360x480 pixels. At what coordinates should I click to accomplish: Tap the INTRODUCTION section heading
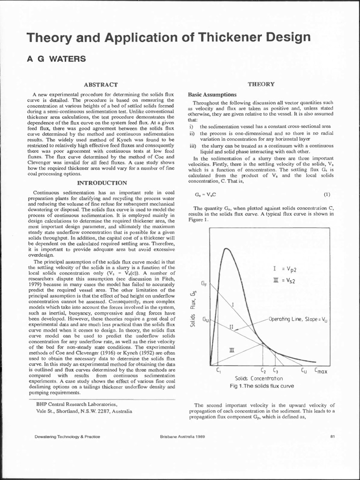(x=102, y=182)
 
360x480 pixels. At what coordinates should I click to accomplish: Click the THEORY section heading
(x=261, y=84)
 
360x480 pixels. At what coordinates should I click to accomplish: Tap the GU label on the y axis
(x=205, y=319)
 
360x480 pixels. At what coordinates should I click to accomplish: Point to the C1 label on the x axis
(x=219, y=370)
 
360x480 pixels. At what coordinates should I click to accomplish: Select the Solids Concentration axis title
(x=259, y=378)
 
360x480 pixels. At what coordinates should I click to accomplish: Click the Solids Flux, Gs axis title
(x=193, y=309)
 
